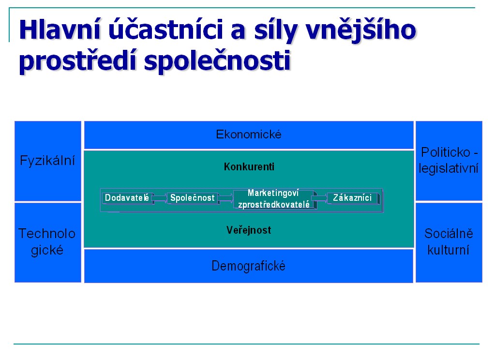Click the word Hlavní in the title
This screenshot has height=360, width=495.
coord(60,30)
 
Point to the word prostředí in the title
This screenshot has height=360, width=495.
coord(77,60)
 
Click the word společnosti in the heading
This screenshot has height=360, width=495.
coord(217,60)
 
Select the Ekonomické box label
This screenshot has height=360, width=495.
coord(248,135)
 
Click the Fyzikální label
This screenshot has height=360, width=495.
coord(47,161)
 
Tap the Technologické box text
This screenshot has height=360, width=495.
coord(47,242)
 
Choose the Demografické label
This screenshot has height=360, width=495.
coord(248,266)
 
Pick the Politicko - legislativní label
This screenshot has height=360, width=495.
coord(449,161)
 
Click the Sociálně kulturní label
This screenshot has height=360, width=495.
coord(449,242)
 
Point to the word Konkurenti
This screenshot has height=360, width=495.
coord(249,167)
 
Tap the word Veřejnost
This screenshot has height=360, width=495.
coord(249,230)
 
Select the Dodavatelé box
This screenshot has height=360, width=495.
coord(128,198)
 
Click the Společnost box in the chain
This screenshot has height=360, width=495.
coord(193,198)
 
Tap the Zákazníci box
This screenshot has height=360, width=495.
coord(353,198)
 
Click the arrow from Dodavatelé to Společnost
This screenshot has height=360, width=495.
coord(160,198)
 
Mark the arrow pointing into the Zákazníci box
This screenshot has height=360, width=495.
coord(320,198)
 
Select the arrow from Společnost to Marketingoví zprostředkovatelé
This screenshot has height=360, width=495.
coord(225,198)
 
